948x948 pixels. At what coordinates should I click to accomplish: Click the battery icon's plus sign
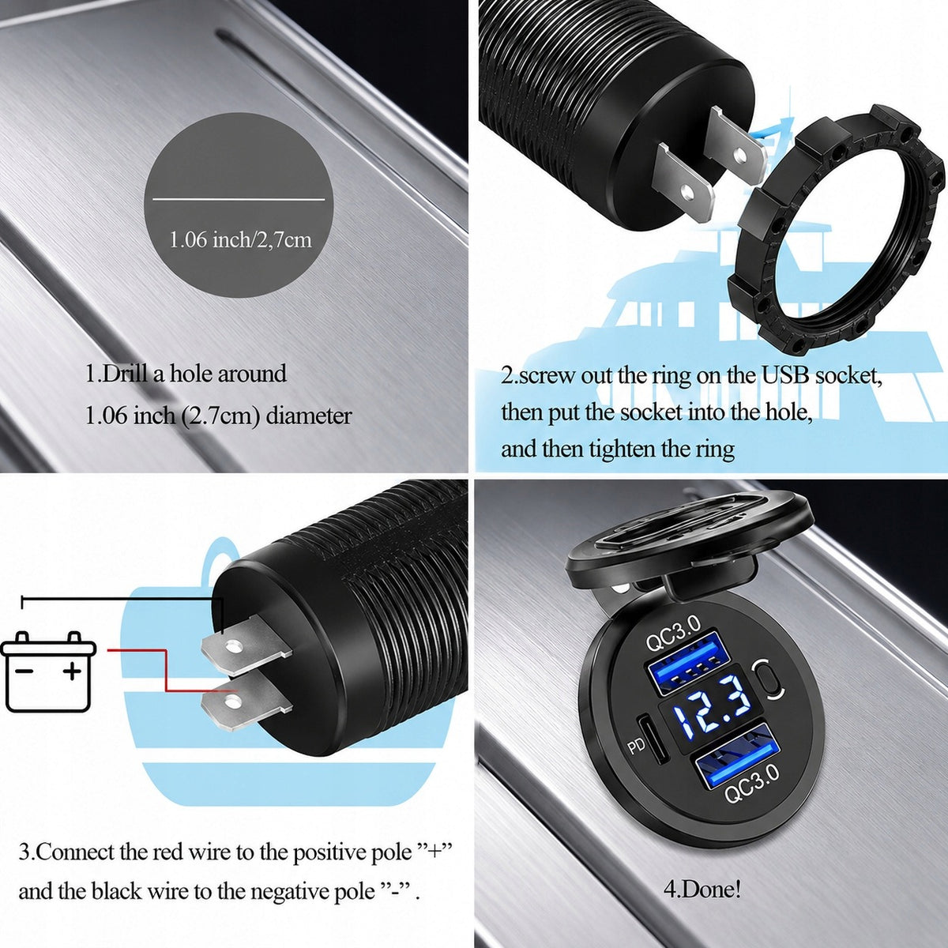pyautogui.click(x=72, y=671)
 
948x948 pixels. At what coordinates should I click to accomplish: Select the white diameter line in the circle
pyautogui.click(x=239, y=199)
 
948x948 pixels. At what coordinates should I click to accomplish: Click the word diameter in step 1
pyautogui.click(x=309, y=416)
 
